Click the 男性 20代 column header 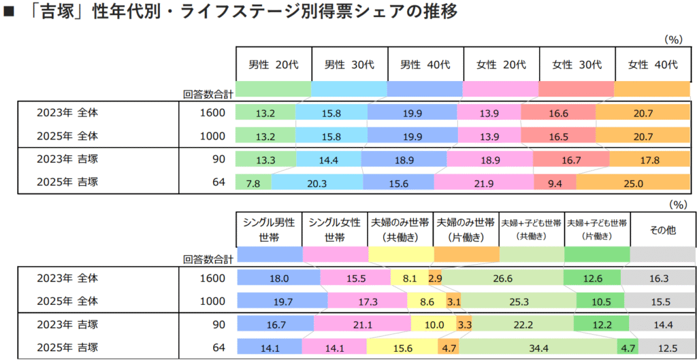click(x=274, y=65)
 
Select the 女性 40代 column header click(x=653, y=65)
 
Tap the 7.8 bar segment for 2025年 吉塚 click(x=253, y=183)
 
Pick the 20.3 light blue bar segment click(x=317, y=183)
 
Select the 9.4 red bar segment click(x=555, y=183)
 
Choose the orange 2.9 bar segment click(x=436, y=278)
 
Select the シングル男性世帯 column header click(x=270, y=230)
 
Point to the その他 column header click(x=662, y=230)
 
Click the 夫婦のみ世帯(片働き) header click(x=466, y=230)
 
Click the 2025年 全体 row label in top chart click(x=68, y=136)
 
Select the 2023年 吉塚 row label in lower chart click(x=68, y=325)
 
